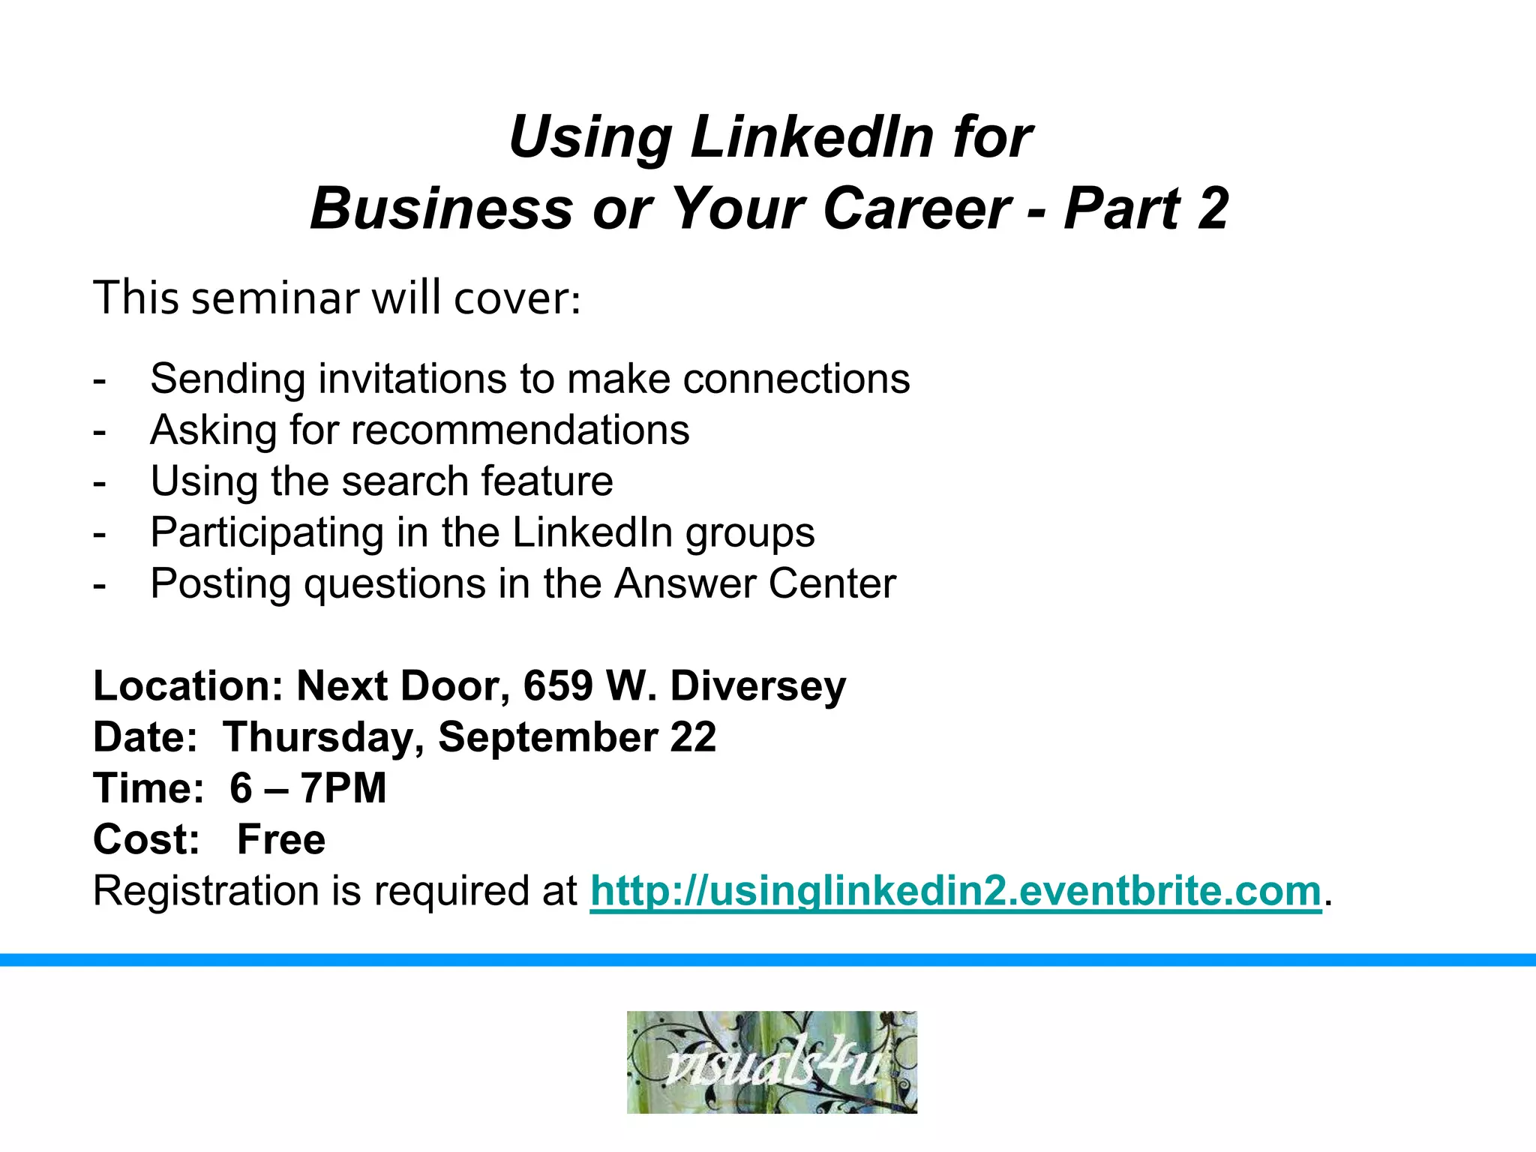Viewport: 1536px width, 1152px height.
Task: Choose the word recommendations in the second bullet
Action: point(520,430)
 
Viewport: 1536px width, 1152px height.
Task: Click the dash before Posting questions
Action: point(99,583)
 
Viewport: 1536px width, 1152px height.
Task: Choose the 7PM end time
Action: point(343,788)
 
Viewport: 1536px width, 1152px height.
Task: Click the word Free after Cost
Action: point(281,839)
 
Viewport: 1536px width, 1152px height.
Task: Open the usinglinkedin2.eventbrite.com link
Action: point(955,891)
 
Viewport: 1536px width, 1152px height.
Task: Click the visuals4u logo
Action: point(772,1062)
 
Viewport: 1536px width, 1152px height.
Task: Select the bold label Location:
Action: point(188,685)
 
